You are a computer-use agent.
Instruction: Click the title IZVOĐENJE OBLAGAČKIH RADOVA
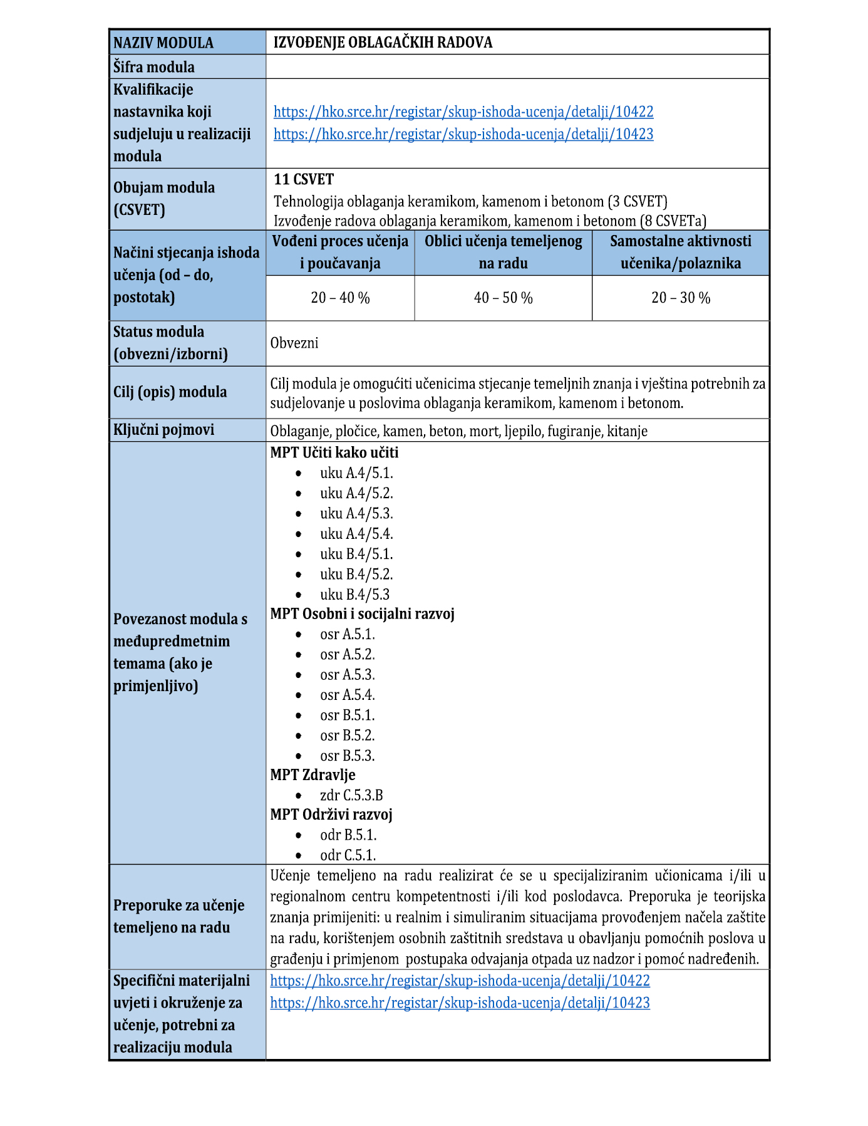pyautogui.click(x=383, y=43)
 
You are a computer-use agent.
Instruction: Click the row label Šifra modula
pyautogui.click(x=153, y=67)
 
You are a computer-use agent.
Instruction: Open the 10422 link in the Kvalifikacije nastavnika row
pyautogui.click(x=463, y=112)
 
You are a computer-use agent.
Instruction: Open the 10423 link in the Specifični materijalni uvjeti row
pyautogui.click(x=460, y=1003)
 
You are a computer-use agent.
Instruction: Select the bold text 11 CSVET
pyautogui.click(x=304, y=180)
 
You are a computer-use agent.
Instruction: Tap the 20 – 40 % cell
pyautogui.click(x=340, y=298)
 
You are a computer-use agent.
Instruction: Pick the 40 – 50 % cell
pyautogui.click(x=503, y=298)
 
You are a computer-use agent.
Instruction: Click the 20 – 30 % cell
pyautogui.click(x=681, y=298)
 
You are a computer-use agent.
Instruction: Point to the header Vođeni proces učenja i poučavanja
pyautogui.click(x=340, y=252)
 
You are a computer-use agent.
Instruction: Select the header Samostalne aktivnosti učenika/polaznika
pyautogui.click(x=681, y=252)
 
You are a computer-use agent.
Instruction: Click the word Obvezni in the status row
pyautogui.click(x=294, y=343)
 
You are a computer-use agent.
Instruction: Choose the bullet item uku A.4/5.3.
pyautogui.click(x=356, y=514)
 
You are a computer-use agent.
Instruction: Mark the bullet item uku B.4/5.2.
pyautogui.click(x=356, y=575)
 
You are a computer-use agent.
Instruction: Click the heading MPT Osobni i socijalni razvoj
pyautogui.click(x=362, y=614)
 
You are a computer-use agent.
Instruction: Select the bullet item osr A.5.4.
pyautogui.click(x=347, y=696)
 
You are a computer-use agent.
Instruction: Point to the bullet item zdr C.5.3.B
pyautogui.click(x=351, y=796)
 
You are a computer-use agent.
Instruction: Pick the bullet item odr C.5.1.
pyautogui.click(x=348, y=855)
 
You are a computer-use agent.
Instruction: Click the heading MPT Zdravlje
pyautogui.click(x=313, y=775)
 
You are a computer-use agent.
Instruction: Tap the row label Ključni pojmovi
pyautogui.click(x=163, y=430)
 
